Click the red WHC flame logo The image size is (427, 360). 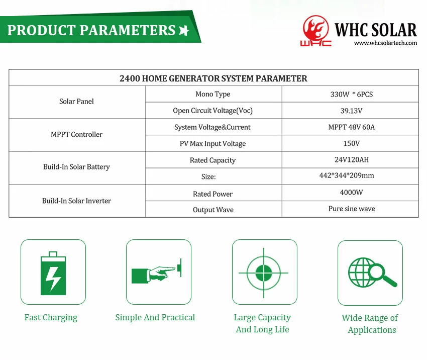tap(315, 31)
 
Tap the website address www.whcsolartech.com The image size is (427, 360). tap(385, 43)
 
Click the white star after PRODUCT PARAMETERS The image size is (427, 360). tap(184, 30)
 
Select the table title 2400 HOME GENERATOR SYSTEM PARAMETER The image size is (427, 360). tap(213, 78)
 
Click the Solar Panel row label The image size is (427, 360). tap(76, 102)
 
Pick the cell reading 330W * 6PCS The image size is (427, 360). tap(352, 95)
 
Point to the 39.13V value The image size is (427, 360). tap(351, 111)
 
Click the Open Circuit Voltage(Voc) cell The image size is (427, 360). tap(212, 111)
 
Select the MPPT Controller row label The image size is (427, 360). tap(76, 134)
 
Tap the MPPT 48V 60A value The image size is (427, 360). tap(352, 127)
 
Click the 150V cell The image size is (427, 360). tap(352, 143)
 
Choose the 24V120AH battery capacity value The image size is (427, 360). tap(352, 159)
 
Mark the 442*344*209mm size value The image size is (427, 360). tap(347, 175)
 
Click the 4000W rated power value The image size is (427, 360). tap(351, 193)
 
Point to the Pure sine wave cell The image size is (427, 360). tap(352, 209)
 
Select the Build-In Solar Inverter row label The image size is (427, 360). tap(76, 201)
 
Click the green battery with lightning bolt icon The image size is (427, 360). tap(53, 273)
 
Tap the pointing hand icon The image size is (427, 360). tap(157, 273)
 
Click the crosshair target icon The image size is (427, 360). tap(264, 273)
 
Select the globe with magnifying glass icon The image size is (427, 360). tap(372, 273)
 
